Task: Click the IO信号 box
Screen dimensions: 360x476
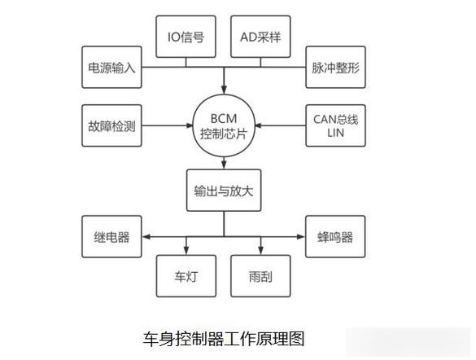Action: (186, 37)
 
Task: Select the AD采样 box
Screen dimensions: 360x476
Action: (260, 37)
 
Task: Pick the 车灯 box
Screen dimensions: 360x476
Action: (186, 275)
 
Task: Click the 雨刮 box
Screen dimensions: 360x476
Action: (260, 275)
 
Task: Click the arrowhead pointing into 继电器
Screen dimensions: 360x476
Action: (146, 237)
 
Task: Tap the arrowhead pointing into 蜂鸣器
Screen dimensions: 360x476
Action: (301, 237)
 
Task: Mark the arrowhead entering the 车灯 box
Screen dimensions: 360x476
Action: (186, 250)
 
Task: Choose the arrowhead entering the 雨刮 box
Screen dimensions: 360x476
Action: (260, 250)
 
